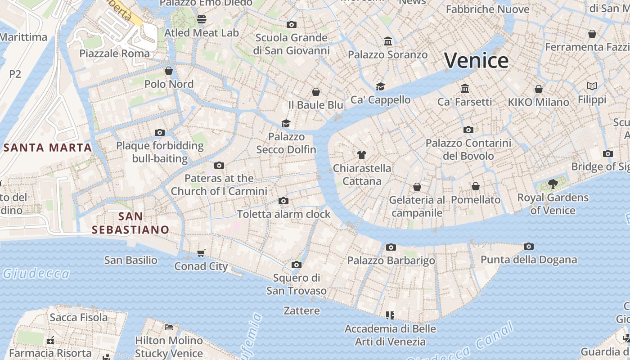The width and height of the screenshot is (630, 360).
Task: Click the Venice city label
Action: tap(477, 60)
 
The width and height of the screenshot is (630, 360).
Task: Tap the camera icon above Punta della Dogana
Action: tap(529, 246)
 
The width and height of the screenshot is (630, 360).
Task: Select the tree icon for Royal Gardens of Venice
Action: tap(553, 184)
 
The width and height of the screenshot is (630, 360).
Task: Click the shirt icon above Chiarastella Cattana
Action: tap(361, 155)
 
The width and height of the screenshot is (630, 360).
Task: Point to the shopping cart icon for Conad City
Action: tap(201, 253)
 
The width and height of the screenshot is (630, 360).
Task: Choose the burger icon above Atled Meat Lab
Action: tap(201, 19)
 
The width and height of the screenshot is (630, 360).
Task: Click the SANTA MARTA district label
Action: tap(48, 147)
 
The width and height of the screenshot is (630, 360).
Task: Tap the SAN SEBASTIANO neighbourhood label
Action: tap(130, 223)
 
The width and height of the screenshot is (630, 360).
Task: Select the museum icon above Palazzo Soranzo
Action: tap(388, 41)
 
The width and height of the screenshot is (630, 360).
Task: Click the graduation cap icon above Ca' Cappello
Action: tap(381, 86)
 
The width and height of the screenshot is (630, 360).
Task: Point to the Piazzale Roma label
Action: tap(114, 53)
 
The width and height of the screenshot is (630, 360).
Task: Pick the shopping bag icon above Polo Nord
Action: tap(169, 71)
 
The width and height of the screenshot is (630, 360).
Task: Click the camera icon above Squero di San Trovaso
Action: tap(296, 265)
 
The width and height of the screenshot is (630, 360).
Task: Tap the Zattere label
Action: tap(301, 310)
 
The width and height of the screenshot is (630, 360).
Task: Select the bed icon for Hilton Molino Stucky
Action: tap(169, 327)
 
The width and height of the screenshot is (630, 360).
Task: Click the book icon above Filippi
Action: tap(592, 86)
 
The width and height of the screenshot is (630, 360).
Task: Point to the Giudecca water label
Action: tap(36, 274)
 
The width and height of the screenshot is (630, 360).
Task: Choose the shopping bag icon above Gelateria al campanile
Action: tap(417, 186)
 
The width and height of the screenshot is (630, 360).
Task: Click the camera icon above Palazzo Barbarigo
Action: tap(391, 247)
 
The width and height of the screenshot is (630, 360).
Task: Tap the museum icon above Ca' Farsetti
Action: tap(465, 88)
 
